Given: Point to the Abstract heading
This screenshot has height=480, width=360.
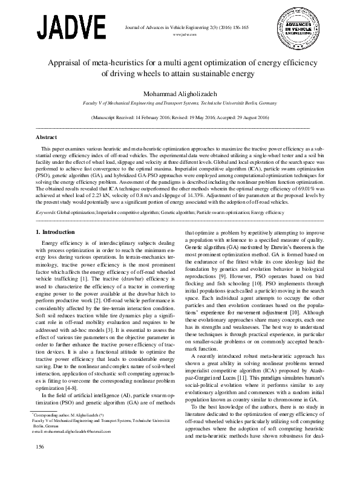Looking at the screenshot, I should pyautogui.click(x=47, y=137).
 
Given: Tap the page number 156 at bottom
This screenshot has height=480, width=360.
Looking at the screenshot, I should pyautogui.click(x=41, y=463).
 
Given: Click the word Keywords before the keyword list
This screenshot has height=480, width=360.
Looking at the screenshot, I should pyautogui.click(x=46, y=213).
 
